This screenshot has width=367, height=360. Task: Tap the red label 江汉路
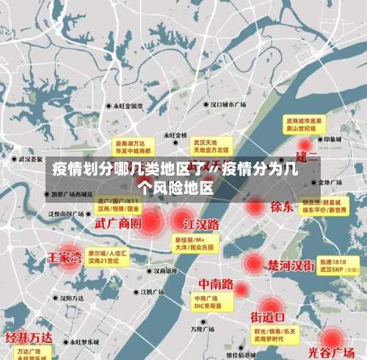tap(202, 223)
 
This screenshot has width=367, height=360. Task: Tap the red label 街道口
tap(269, 317)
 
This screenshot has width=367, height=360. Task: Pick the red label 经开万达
tap(29, 338)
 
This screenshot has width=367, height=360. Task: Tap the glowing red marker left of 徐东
tap(254, 206)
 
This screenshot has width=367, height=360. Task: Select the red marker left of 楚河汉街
tap(254, 263)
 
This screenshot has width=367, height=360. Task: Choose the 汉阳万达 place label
tap(76, 298)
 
